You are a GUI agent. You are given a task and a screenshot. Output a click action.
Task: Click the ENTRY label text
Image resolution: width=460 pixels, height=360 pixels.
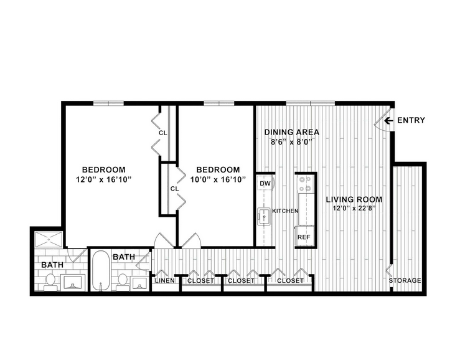pyautogui.click(x=411, y=120)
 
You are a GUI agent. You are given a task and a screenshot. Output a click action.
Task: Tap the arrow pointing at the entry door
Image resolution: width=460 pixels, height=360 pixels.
pyautogui.click(x=388, y=120)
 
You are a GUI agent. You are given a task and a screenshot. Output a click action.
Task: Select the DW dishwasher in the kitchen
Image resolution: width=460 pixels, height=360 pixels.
pyautogui.click(x=265, y=184)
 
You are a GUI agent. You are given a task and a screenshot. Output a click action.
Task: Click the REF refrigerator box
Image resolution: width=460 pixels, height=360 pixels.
pyautogui.click(x=305, y=236)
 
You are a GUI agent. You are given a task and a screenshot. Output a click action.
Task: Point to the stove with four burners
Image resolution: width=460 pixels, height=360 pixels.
pyautogui.click(x=305, y=183)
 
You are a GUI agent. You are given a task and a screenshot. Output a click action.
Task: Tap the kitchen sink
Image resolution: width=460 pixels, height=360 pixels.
pyautogui.click(x=264, y=216)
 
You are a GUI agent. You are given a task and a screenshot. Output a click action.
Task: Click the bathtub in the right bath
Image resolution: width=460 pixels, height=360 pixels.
pyautogui.click(x=101, y=271)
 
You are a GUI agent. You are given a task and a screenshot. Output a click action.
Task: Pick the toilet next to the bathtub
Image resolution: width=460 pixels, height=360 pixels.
pyautogui.click(x=123, y=282)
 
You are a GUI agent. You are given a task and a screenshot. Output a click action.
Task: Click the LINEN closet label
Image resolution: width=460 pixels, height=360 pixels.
pyautogui.click(x=164, y=280)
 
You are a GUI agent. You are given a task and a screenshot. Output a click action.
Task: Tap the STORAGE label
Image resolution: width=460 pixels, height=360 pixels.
pyautogui.click(x=405, y=280)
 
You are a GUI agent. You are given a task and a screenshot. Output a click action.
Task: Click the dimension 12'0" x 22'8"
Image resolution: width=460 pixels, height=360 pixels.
pyautogui.click(x=354, y=208)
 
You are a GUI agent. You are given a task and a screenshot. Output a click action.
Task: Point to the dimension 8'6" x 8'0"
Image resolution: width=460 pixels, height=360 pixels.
pyautogui.click(x=291, y=142)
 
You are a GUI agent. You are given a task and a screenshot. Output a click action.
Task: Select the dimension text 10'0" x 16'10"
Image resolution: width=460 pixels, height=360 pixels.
pyautogui.click(x=218, y=179)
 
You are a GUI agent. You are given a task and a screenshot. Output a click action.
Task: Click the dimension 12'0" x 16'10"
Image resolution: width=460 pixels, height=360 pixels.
pyautogui.click(x=103, y=179)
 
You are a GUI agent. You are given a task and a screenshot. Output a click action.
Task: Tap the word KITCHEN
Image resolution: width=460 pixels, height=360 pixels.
pyautogui.click(x=285, y=211)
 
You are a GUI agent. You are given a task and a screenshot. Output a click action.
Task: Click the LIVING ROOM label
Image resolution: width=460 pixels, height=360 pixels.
pyautogui.click(x=354, y=200)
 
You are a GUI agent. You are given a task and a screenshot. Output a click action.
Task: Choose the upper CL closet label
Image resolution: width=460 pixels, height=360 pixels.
pyautogui.click(x=163, y=133)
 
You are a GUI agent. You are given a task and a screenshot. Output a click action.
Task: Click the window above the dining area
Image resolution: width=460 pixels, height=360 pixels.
pyautogui.click(x=311, y=103)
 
